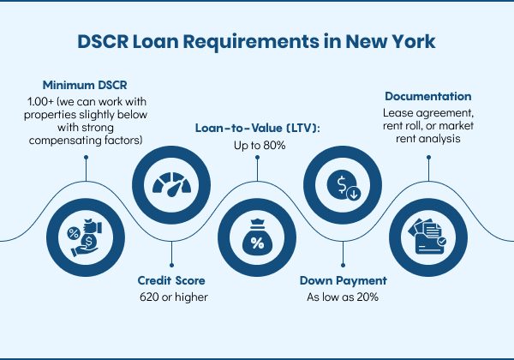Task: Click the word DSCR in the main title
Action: pos(103,42)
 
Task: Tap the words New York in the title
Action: pos(390,42)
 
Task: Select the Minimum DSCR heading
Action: pos(85,85)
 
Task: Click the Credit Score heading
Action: pos(171,280)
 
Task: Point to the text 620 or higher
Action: pos(174,297)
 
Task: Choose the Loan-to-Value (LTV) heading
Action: pos(257,129)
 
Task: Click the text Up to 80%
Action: pos(260,145)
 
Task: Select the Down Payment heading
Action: pos(344,280)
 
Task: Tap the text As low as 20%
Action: pos(343,297)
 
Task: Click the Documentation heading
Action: pos(428,96)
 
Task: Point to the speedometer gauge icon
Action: pos(171,184)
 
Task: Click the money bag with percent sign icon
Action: pos(257,237)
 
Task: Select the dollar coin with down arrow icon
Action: pos(344,184)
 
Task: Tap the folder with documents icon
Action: pos(427,237)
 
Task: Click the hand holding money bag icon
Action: pos(85,237)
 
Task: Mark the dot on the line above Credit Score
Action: pos(171,265)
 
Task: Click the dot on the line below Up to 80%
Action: pos(257,158)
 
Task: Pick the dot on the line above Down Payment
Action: pos(343,265)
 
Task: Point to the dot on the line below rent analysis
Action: pos(428,158)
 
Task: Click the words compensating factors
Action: pos(86,141)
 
